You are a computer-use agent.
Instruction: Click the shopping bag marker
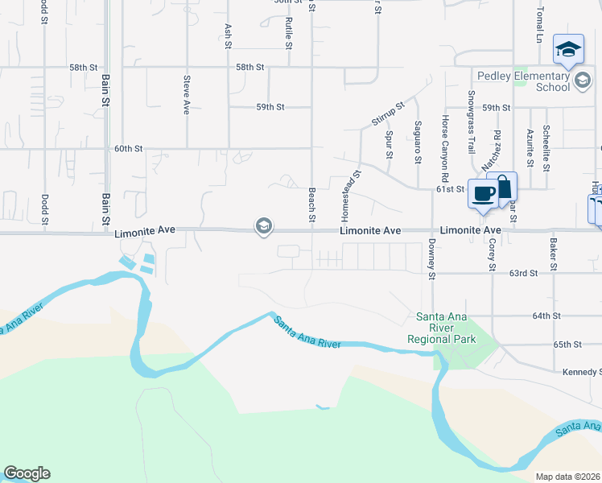pyautogui.click(x=502, y=188)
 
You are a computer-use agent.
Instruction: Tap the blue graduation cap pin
pyautogui.click(x=568, y=51)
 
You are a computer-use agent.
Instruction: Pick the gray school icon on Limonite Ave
pyautogui.click(x=263, y=227)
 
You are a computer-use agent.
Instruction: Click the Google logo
pyautogui.click(x=27, y=473)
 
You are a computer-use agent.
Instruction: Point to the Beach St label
pyautogui.click(x=311, y=205)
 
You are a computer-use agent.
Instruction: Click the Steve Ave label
pyautogui.click(x=187, y=95)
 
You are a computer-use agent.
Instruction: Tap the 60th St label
pyautogui.click(x=128, y=149)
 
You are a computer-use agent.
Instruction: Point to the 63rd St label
pyautogui.click(x=523, y=274)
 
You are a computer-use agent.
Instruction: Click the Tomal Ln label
pyautogui.click(x=540, y=27)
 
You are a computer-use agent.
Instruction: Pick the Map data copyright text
pyautogui.click(x=568, y=477)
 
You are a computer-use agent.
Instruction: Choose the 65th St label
pyautogui.click(x=567, y=345)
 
